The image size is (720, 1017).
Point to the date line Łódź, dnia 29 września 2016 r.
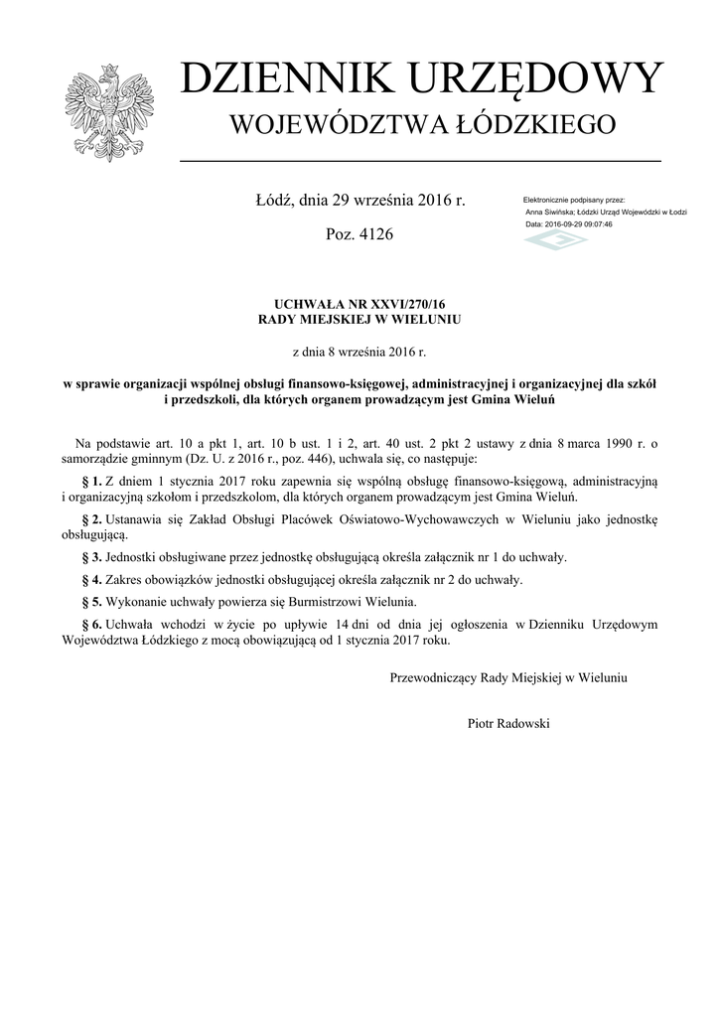[360, 201]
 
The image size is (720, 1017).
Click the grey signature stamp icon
[555, 241]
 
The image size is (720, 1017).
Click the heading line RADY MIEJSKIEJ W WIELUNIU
[360, 319]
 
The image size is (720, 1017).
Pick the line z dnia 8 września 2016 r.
[360, 351]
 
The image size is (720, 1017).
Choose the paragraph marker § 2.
[89, 519]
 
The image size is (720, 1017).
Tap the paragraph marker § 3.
[89, 557]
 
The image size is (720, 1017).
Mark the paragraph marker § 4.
[89, 579]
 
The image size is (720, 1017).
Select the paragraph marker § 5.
[89, 602]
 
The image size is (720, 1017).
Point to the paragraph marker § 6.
[89, 624]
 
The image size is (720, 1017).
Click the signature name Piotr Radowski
[507, 723]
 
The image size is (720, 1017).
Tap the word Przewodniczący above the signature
[433, 677]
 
